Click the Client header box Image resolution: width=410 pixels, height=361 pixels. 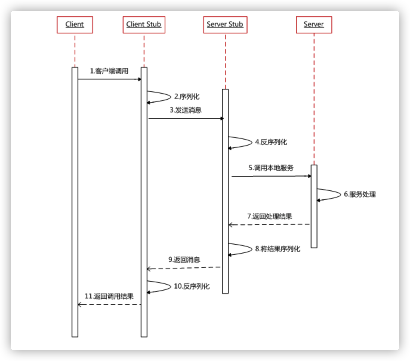coord(75,25)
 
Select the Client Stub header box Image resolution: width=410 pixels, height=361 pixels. coord(144,25)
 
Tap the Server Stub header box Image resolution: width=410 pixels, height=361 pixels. coord(225,25)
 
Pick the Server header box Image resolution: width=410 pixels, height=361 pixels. coord(314,25)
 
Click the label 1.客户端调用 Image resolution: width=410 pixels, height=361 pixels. coord(109,71)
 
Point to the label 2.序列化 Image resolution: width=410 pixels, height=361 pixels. coord(187,97)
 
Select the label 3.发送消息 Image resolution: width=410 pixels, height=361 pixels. coord(186,110)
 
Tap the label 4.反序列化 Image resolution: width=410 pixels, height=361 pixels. coord(271,142)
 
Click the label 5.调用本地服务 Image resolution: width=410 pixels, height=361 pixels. coord(271,168)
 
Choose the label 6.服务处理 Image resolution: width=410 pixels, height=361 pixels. coord(360,194)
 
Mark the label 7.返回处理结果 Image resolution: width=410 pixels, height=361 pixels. coord(269,216)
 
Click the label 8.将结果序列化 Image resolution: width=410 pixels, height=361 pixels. coord(278,249)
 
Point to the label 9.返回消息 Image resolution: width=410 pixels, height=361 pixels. coord(184,260)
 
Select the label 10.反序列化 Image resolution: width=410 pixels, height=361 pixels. coord(192,286)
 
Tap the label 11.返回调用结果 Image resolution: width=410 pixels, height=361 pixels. coord(109,296)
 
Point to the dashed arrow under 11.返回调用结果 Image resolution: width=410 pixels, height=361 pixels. coord(109,305)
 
